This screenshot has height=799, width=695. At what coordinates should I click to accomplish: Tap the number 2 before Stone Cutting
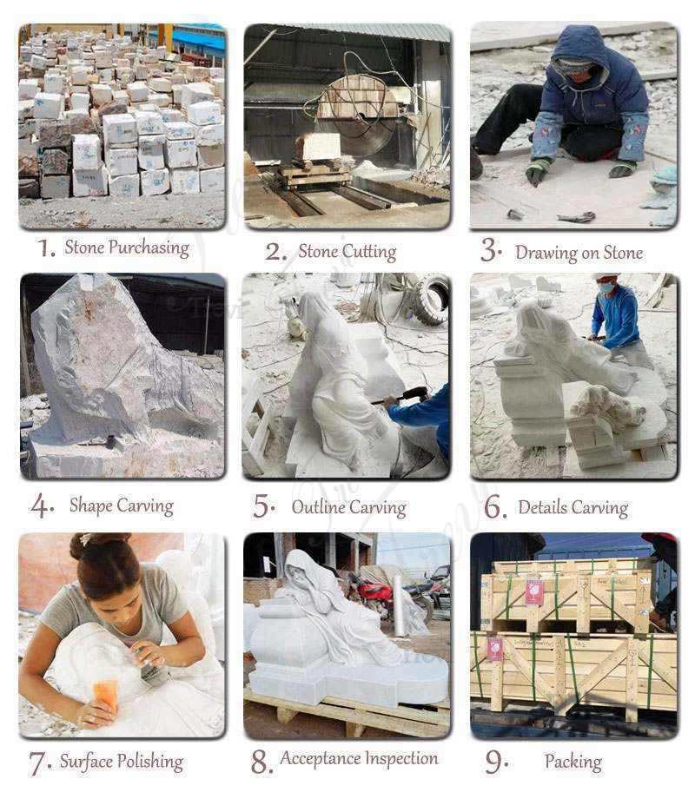click(x=276, y=252)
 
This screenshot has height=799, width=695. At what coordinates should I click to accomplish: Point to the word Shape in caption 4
click(x=89, y=505)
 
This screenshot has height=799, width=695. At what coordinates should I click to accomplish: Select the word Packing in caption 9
click(x=573, y=762)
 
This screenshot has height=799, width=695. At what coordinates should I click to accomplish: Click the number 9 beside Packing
click(x=495, y=762)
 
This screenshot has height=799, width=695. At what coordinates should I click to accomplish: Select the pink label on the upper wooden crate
click(x=535, y=591)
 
